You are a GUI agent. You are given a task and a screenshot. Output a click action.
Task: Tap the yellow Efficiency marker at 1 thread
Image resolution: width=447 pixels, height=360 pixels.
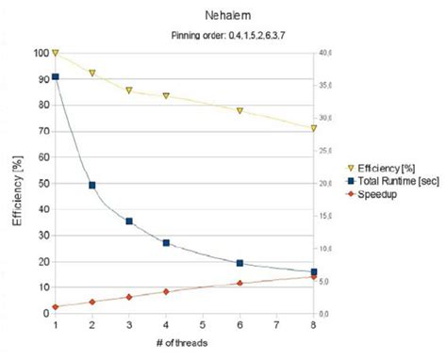[x=56, y=53]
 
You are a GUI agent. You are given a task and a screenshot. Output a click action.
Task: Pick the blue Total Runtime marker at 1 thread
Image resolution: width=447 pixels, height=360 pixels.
[x=56, y=76]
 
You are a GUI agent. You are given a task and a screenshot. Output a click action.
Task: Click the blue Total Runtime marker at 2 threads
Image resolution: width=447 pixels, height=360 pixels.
[x=92, y=185]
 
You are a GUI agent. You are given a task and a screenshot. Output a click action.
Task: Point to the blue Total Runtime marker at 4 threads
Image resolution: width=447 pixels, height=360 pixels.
[x=166, y=242]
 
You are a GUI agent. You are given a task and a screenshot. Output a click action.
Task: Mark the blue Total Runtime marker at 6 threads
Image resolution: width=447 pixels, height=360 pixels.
[x=240, y=263]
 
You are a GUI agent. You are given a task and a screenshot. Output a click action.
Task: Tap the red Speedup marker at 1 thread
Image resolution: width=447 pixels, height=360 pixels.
[x=56, y=306]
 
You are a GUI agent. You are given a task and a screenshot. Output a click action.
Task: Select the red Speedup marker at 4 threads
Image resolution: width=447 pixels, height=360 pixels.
[x=166, y=292]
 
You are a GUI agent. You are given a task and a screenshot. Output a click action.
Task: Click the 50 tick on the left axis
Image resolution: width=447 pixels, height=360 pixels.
[x=39, y=183]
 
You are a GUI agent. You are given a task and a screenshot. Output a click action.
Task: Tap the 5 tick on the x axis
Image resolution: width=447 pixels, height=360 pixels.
[x=203, y=324]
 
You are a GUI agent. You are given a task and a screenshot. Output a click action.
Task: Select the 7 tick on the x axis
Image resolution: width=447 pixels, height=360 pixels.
[x=276, y=324]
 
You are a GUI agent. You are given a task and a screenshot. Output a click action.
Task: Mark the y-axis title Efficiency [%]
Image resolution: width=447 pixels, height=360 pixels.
[x=16, y=183]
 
